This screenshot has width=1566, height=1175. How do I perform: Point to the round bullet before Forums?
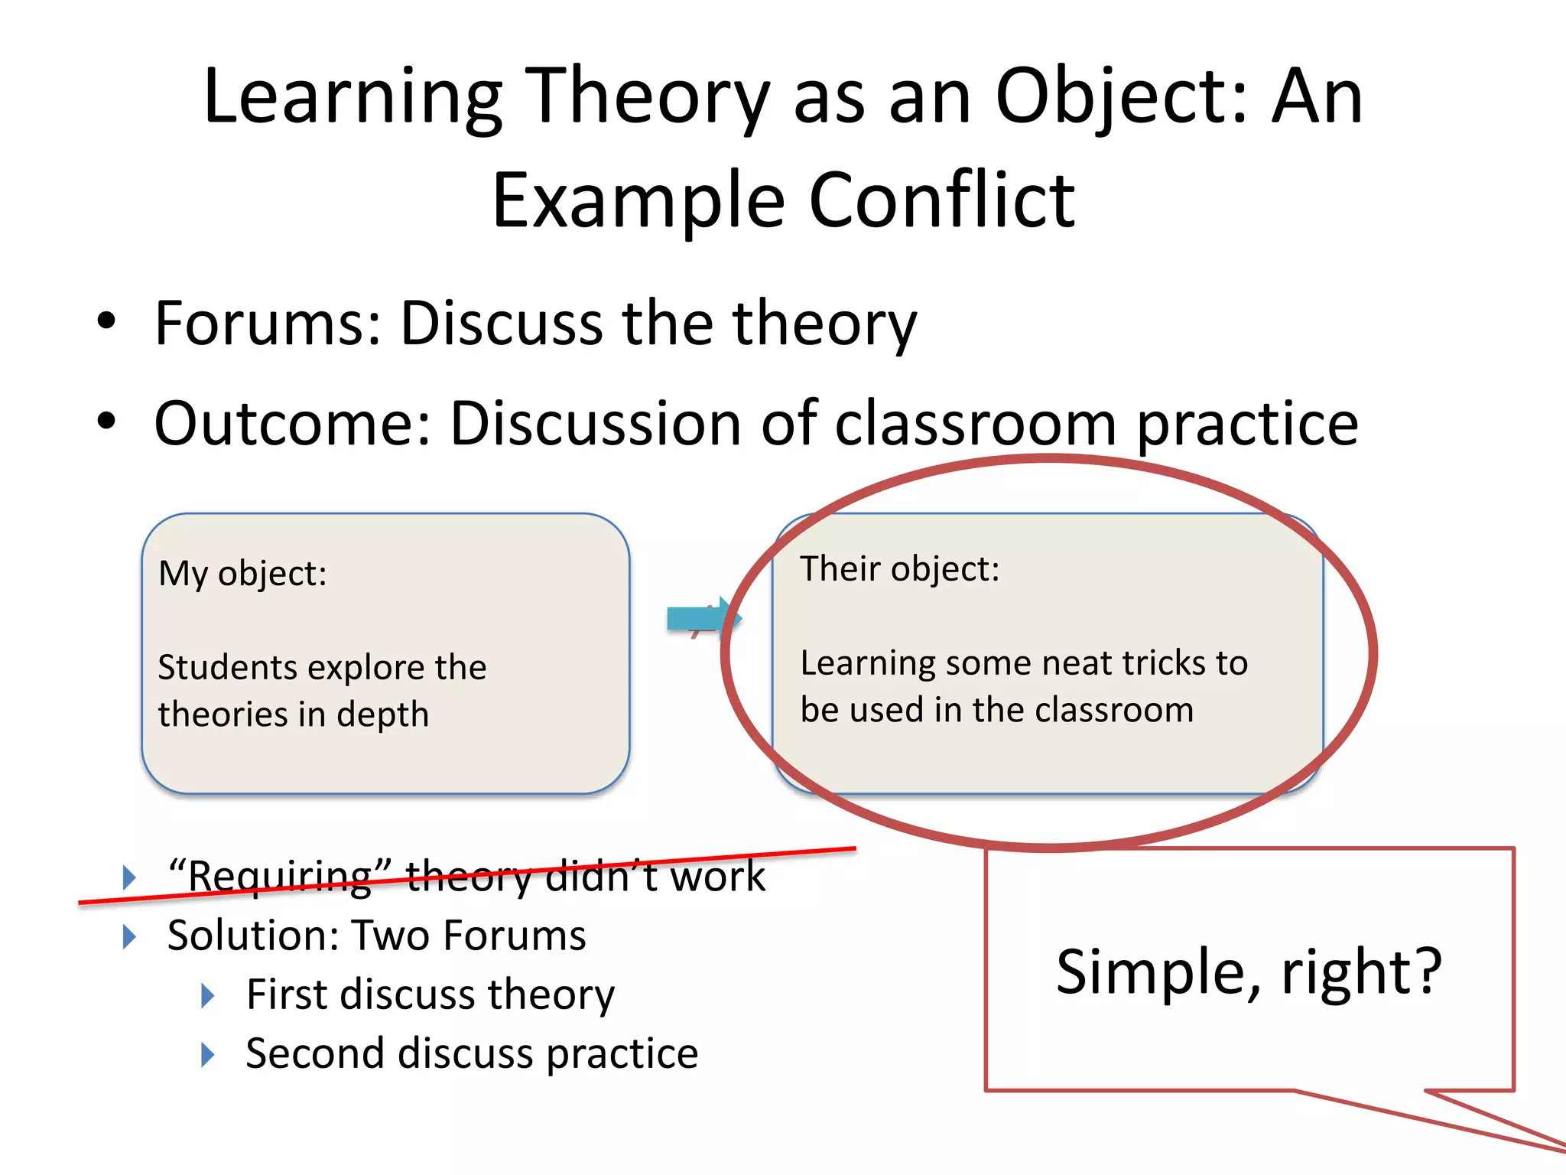pyautogui.click(x=106, y=321)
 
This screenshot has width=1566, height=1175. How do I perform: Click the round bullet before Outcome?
pyautogui.click(x=106, y=422)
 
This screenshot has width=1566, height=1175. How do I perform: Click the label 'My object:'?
pyautogui.click(x=242, y=574)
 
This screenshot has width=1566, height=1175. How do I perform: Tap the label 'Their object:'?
pyautogui.click(x=899, y=569)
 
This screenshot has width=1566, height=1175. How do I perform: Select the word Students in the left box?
pyautogui.click(x=227, y=668)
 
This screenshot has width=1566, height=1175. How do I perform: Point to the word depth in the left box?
pyautogui.click(x=382, y=715)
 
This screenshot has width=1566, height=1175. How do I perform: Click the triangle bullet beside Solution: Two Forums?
pyautogui.click(x=129, y=936)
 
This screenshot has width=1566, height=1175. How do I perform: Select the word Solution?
pyautogui.click(x=252, y=936)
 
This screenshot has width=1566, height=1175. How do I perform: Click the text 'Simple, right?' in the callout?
pyautogui.click(x=1248, y=972)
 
